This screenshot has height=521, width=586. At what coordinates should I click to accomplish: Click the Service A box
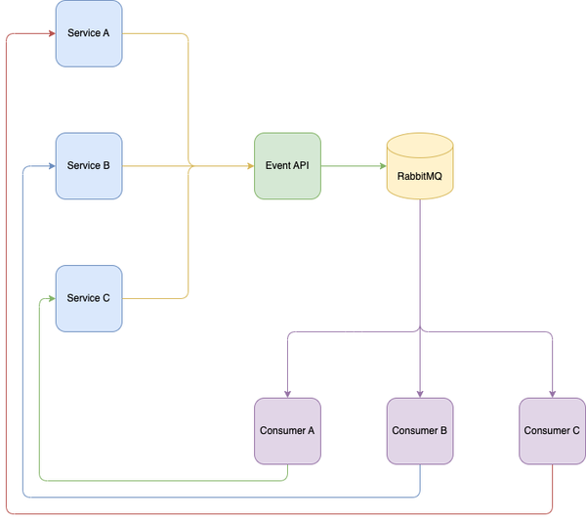tap(89, 33)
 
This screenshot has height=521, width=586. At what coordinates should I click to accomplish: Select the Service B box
tap(89, 166)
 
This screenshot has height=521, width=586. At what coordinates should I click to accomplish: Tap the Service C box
tap(89, 298)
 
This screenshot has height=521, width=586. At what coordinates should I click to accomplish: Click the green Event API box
tap(287, 166)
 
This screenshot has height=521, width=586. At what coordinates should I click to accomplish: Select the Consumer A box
tap(287, 430)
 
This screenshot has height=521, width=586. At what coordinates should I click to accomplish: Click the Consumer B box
tap(420, 430)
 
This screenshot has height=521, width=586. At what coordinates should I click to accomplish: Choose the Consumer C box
tap(552, 430)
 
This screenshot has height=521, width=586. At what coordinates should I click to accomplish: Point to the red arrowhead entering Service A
tap(51, 33)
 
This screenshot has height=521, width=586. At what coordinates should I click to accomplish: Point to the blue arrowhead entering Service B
tap(51, 166)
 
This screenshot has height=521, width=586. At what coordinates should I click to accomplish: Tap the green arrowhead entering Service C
tap(51, 298)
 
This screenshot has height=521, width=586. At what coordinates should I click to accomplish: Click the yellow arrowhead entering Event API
tap(249, 166)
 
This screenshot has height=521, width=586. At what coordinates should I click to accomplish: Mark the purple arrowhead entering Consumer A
tap(287, 393)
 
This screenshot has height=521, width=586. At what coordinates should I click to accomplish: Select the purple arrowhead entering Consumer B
tap(420, 393)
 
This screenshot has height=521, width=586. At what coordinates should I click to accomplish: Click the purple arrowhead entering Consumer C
tap(552, 393)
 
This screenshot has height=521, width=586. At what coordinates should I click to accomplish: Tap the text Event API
tap(287, 166)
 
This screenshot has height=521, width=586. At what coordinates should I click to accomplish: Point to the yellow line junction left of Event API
tap(188, 166)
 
